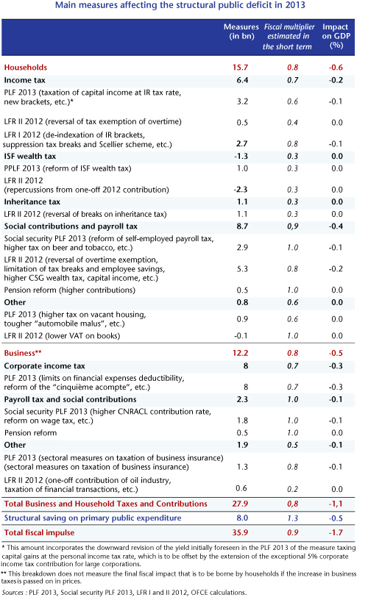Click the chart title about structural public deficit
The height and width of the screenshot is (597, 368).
pyautogui.click(x=180, y=5)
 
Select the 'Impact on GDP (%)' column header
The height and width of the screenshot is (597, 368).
pyautogui.click(x=336, y=36)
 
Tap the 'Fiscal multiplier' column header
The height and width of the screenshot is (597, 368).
pyautogui.click(x=289, y=37)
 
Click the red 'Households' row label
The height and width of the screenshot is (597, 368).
pyautogui.click(x=26, y=68)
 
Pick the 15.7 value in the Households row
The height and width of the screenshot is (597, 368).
pyautogui.click(x=240, y=68)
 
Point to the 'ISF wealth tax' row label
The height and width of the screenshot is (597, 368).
pyautogui.click(x=30, y=156)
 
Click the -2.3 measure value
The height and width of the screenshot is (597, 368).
pyautogui.click(x=241, y=190)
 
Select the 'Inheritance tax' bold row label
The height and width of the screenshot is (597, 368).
pyautogui.click(x=32, y=201)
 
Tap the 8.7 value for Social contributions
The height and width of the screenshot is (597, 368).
pyautogui.click(x=242, y=226)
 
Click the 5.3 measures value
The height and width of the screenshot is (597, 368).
pyautogui.click(x=242, y=269)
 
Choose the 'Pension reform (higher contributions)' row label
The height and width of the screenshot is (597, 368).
pyautogui.click(x=70, y=290)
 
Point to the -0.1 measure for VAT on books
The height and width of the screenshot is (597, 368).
pyautogui.click(x=241, y=336)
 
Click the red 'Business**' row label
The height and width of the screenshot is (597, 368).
pyautogui.click(x=23, y=353)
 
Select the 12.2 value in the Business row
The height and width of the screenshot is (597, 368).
pyautogui.click(x=240, y=353)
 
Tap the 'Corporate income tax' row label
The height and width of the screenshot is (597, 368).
pyautogui.click(x=45, y=366)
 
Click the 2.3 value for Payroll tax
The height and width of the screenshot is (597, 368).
pyautogui.click(x=242, y=399)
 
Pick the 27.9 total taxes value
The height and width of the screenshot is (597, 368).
pyautogui.click(x=240, y=504)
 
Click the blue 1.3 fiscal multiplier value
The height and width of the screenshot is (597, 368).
pyautogui.click(x=293, y=518)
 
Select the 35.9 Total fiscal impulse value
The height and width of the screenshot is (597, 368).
pyautogui.click(x=240, y=532)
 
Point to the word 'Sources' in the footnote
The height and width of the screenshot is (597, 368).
pyautogui.click(x=13, y=593)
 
